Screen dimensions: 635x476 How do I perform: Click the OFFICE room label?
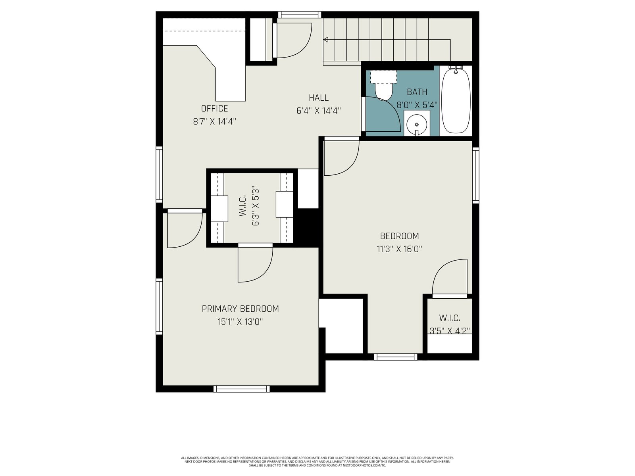(214, 108)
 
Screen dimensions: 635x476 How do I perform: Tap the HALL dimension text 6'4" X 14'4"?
(319, 111)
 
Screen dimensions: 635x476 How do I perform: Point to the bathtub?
(456, 101)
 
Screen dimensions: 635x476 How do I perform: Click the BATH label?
(417, 92)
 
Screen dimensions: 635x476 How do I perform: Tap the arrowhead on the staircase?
(326, 40)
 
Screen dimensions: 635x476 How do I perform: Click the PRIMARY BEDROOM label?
(240, 309)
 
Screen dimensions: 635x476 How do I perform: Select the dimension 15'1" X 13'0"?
(240, 322)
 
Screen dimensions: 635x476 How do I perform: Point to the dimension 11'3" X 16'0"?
(399, 249)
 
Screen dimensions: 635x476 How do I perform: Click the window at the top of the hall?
(300, 14)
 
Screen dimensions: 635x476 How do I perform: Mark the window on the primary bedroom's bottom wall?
(242, 389)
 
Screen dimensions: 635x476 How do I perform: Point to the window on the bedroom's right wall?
(475, 175)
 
